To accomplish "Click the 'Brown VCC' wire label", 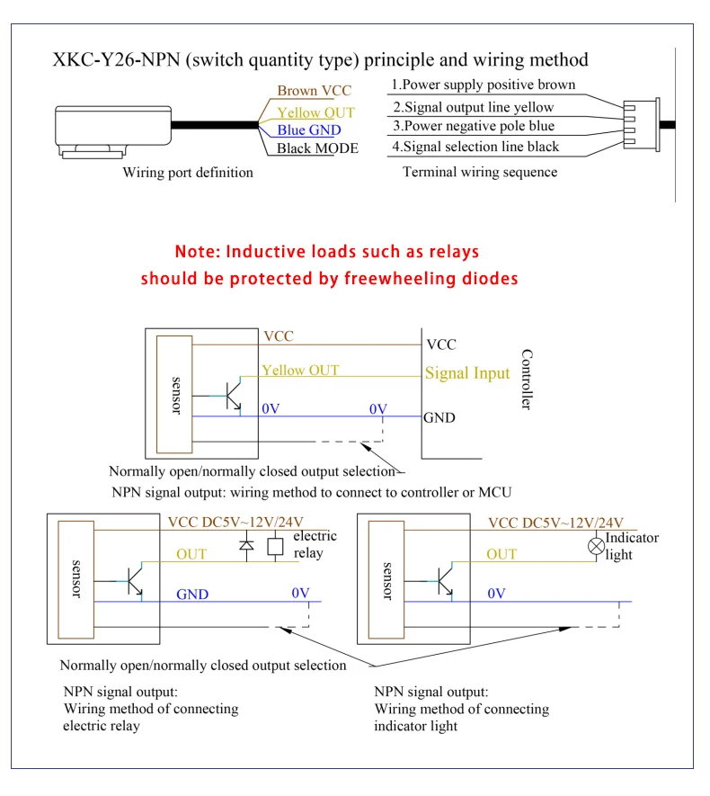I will (x=314, y=91).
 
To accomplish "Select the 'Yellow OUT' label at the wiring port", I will (x=315, y=112).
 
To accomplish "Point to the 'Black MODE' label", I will (x=317, y=148).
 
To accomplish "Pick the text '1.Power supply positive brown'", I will (x=484, y=86).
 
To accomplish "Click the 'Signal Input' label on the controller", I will (x=467, y=372).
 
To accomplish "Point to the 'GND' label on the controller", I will (x=440, y=417).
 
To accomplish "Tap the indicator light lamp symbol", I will (x=595, y=545).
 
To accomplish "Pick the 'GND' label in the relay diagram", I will (x=193, y=594).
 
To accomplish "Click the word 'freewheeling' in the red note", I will (x=401, y=278).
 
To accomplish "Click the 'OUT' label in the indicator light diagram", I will (x=501, y=554).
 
